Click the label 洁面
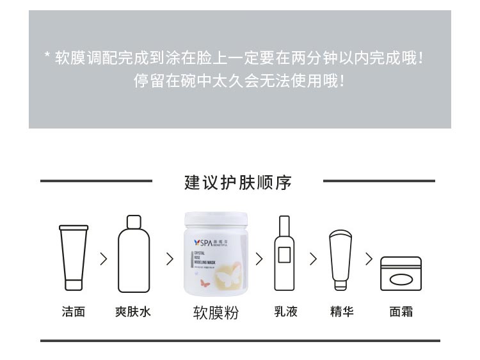[74, 312]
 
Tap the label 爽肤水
[133, 312]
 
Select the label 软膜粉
[216, 313]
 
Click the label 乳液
[286, 312]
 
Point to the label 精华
[342, 312]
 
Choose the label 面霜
[401, 312]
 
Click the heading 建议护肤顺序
[238, 182]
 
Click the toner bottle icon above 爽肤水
[134, 254]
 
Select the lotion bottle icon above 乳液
[284, 254]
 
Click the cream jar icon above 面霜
[401, 274]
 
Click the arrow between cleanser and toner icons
[104, 259]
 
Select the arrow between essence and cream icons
[369, 259]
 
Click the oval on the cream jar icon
[401, 279]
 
